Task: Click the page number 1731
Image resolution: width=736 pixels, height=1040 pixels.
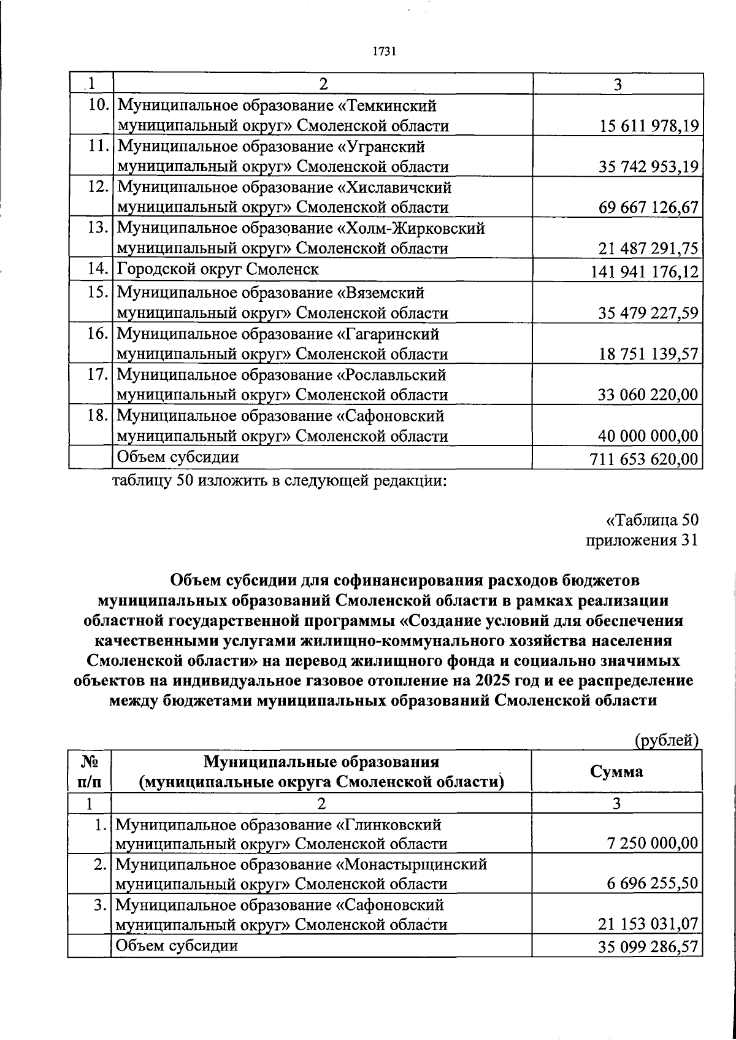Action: pyautogui.click(x=382, y=52)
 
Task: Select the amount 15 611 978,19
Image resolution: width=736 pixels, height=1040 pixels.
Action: pyautogui.click(x=648, y=126)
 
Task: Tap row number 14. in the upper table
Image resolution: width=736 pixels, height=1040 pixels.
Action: pyautogui.click(x=98, y=269)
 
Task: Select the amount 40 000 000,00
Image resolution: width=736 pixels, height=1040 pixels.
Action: pyautogui.click(x=648, y=436)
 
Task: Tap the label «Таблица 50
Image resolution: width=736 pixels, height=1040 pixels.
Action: pyautogui.click(x=652, y=520)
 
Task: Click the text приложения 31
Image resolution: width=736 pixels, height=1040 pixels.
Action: pyautogui.click(x=642, y=541)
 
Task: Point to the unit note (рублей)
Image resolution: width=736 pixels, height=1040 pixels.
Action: pyautogui.click(x=667, y=741)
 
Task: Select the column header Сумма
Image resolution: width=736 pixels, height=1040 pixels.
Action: pyautogui.click(x=616, y=771)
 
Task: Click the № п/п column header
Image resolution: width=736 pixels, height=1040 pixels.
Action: pyautogui.click(x=90, y=772)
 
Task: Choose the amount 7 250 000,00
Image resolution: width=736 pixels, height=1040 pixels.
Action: pyautogui.click(x=653, y=844)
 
